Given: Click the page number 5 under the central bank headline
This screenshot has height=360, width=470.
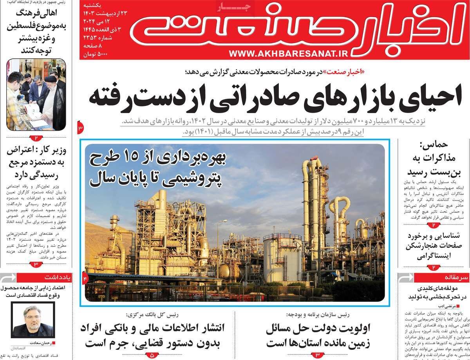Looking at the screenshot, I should [152, 355].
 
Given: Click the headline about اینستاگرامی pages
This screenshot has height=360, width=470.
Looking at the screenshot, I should [434, 247].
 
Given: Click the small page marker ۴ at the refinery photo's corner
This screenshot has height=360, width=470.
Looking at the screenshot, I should [85, 277].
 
